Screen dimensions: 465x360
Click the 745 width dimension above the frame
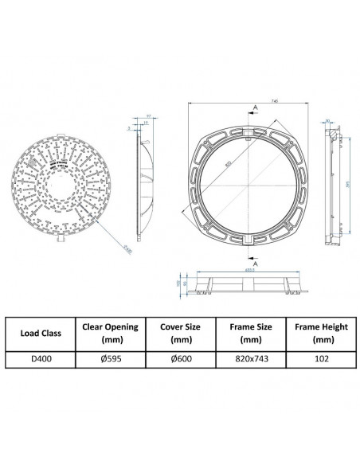pos(273,101)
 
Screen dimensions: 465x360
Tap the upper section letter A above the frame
pos(254,106)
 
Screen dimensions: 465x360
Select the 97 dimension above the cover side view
pos(148,116)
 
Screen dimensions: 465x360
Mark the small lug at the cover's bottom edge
pos(61,240)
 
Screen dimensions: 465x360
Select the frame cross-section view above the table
pos(248,284)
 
